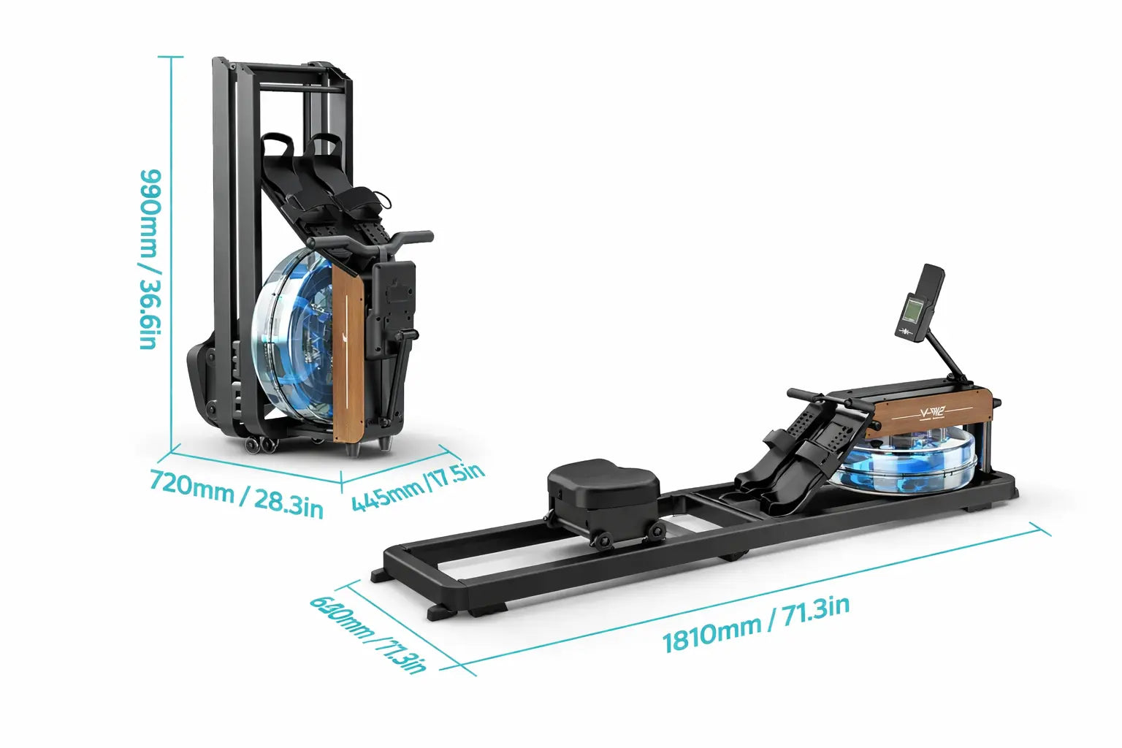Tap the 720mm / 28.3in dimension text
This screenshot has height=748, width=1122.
(237, 494)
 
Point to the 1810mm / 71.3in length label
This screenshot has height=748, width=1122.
(756, 625)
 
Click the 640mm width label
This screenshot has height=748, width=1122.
(367, 634)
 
